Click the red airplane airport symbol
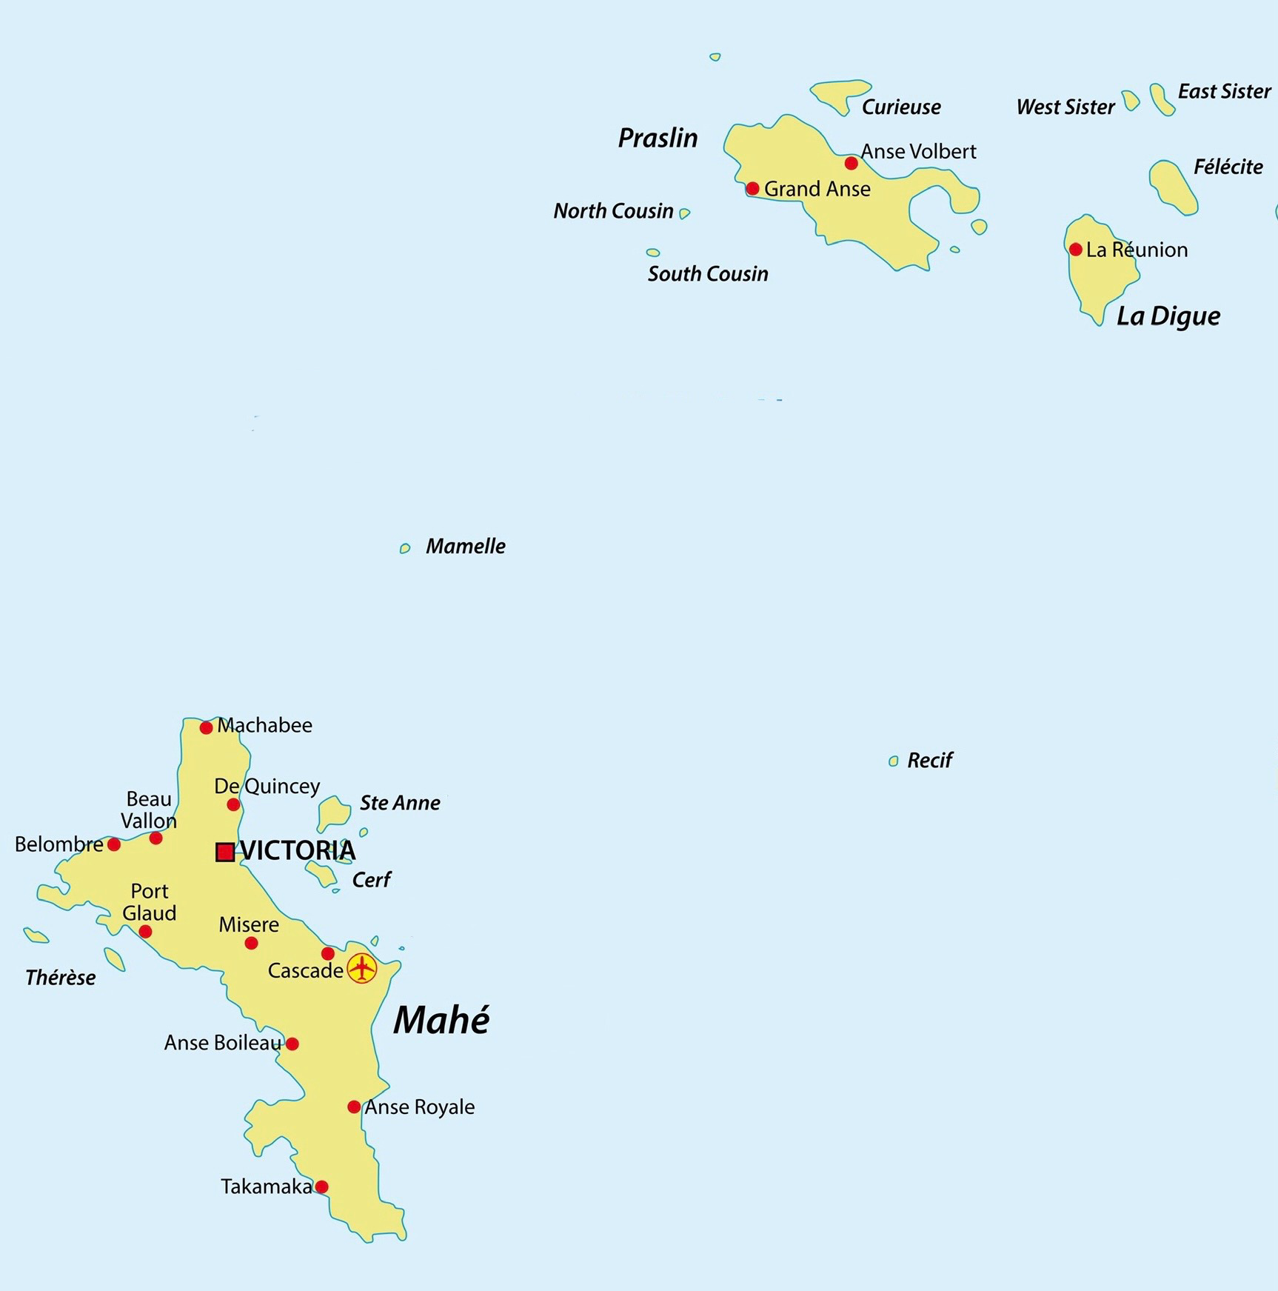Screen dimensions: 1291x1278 (x=361, y=968)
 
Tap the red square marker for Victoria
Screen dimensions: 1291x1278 (x=225, y=852)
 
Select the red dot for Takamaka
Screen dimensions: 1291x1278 (x=321, y=1187)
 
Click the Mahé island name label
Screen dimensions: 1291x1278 (x=441, y=1021)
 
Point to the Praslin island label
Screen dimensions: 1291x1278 (x=658, y=139)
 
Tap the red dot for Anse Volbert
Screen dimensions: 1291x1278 (x=852, y=163)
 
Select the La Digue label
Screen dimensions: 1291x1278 (x=1168, y=316)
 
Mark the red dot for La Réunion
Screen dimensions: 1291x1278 (x=1076, y=250)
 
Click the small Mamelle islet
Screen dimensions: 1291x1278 (x=405, y=548)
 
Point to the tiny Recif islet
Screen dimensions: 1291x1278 (x=893, y=761)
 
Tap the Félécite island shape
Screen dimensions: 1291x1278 (x=1172, y=186)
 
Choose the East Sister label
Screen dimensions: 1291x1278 (x=1224, y=92)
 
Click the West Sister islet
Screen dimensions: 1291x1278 (x=1131, y=100)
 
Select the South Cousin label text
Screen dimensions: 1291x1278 (x=708, y=274)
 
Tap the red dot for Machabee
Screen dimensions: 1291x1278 (x=207, y=728)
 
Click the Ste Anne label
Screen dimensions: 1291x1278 (x=400, y=803)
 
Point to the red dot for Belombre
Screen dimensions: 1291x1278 (x=114, y=844)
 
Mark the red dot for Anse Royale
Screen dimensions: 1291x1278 (x=354, y=1107)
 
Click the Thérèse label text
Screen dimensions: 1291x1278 (x=61, y=978)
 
